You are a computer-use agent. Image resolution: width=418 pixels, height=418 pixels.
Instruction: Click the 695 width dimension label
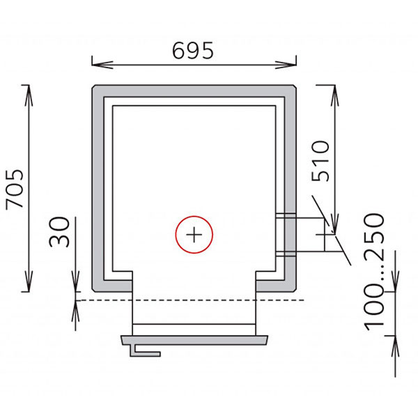[x=193, y=50]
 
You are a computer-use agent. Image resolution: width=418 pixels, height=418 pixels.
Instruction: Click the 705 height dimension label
[x=15, y=189]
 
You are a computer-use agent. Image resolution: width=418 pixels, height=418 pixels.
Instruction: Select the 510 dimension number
[x=320, y=162]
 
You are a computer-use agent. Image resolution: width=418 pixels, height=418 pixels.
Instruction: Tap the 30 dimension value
[x=59, y=232]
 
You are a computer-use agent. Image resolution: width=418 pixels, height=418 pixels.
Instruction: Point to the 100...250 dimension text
[x=375, y=272]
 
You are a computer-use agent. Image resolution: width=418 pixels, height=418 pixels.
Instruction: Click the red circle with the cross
[x=194, y=235]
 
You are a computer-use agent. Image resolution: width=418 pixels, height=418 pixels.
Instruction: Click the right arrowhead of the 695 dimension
[x=286, y=65]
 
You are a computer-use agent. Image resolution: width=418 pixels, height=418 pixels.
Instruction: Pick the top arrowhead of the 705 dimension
[x=29, y=95]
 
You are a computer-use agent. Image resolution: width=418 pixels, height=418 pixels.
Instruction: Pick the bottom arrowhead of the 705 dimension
[x=29, y=281]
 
